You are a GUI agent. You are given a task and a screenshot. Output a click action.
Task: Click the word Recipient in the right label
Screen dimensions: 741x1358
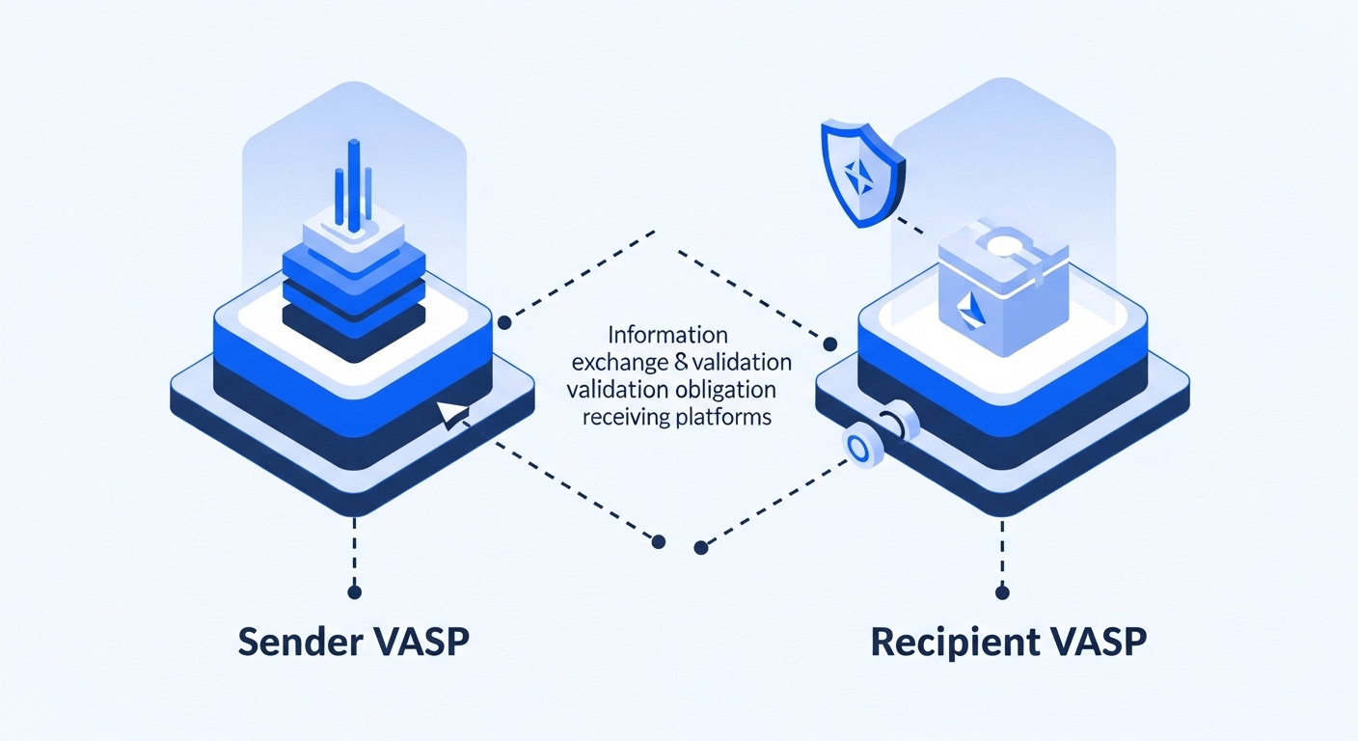click(949, 644)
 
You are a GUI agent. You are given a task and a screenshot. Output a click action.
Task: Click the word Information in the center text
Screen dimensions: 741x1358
click(667, 337)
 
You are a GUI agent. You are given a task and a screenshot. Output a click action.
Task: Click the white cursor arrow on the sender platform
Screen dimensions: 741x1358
click(451, 414)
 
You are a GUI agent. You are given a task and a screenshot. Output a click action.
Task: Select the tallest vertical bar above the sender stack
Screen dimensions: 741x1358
click(354, 183)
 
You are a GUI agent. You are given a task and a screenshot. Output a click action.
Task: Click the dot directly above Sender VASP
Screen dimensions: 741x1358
click(354, 591)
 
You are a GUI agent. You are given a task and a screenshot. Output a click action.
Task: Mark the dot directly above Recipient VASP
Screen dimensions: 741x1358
click(1003, 591)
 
